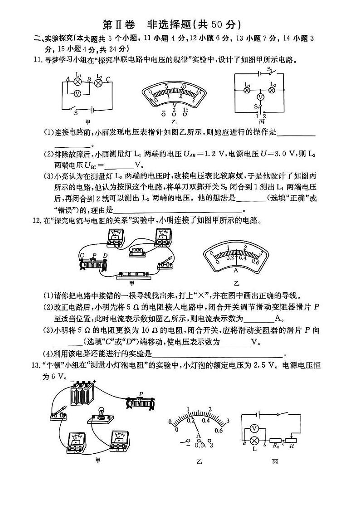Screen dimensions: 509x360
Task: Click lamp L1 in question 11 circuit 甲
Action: pyautogui.click(x=78, y=82)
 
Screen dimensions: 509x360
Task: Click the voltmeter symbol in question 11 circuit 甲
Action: pyautogui.click(x=78, y=93)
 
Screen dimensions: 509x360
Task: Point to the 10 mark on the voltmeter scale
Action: pyautogui.click(x=184, y=86)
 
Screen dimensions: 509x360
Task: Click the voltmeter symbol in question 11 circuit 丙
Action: pyautogui.click(x=260, y=97)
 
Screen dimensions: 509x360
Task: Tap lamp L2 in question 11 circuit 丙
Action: pyautogui.click(x=272, y=90)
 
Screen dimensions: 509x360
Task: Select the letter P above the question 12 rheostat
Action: pyautogui.click(x=94, y=255)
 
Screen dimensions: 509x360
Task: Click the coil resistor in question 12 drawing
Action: pyautogui.click(x=138, y=251)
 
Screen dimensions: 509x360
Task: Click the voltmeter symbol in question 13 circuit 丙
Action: pyautogui.click(x=254, y=428)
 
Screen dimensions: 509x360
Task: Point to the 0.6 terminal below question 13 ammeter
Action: pyautogui.click(x=198, y=445)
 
